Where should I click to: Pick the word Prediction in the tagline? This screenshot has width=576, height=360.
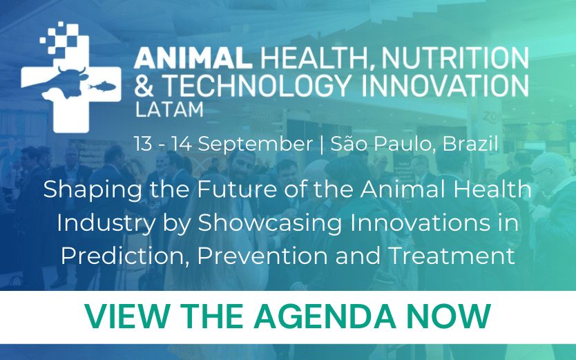pos(124,255)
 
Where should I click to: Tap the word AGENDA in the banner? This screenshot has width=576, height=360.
pos(327,317)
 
